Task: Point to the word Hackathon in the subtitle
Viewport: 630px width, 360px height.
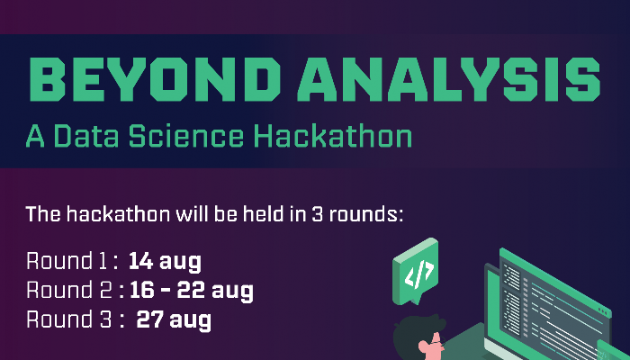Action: point(332,137)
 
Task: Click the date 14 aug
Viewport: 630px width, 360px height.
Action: point(165,262)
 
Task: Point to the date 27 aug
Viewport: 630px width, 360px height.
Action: point(174,319)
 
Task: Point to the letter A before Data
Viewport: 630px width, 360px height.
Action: point(35,137)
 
